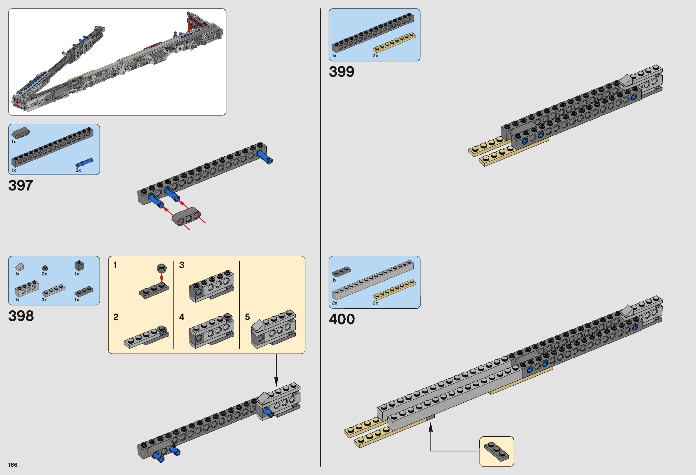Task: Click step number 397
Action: [20, 185]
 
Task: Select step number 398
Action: [21, 316]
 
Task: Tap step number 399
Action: [342, 72]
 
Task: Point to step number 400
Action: [342, 319]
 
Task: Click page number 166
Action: [13, 465]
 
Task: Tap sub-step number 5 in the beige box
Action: [247, 317]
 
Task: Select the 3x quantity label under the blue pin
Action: [78, 170]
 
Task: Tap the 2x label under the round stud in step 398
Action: [44, 274]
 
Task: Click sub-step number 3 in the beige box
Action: [182, 265]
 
